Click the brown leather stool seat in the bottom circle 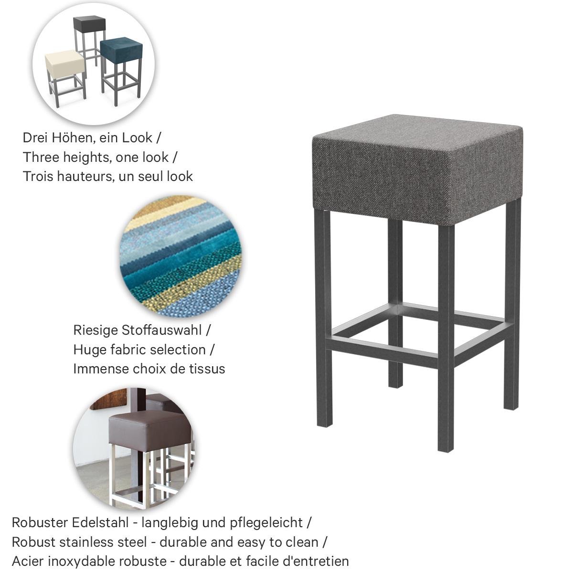[x=149, y=427]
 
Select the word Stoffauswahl [x=162, y=330]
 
